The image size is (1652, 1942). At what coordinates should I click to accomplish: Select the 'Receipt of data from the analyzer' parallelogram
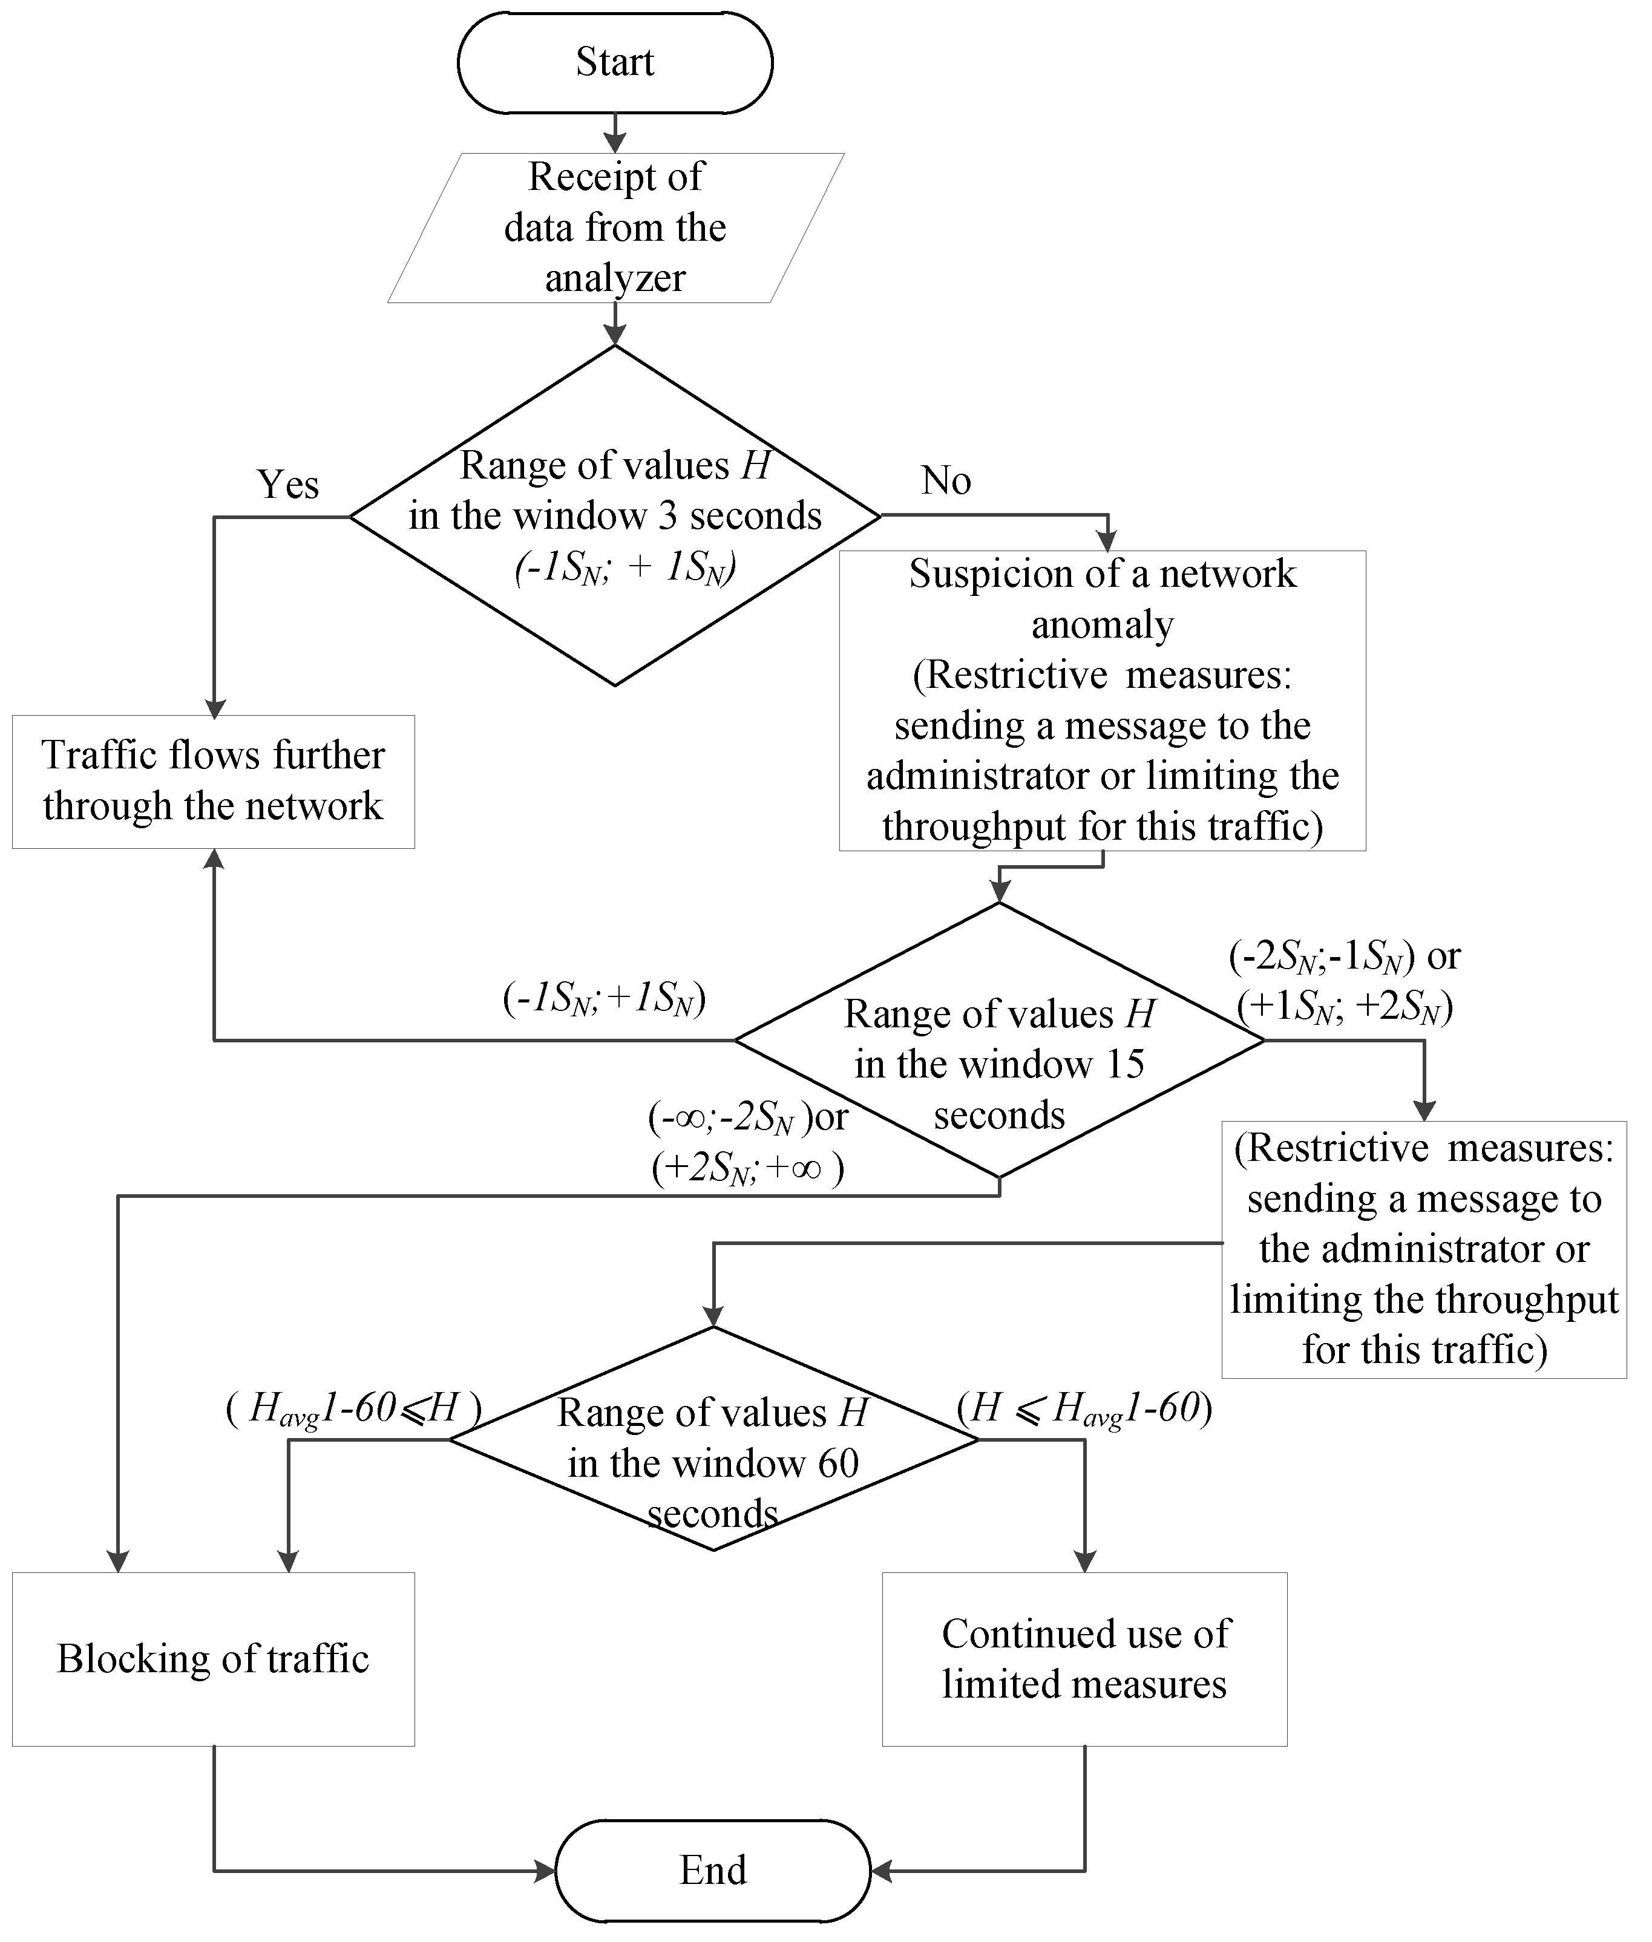click(615, 227)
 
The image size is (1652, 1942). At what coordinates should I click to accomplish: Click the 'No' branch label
click(946, 480)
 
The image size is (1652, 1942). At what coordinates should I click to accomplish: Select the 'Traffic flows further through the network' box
click(214, 781)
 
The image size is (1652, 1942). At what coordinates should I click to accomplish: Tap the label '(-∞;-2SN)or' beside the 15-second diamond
click(747, 1117)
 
